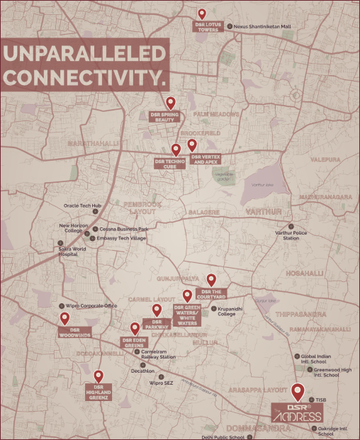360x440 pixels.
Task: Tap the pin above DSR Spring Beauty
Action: [x=170, y=103]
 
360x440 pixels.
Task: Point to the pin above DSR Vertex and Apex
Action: [x=191, y=145]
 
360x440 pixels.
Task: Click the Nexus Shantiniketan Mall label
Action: [x=266, y=27]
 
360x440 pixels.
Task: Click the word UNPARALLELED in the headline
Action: [x=84, y=54]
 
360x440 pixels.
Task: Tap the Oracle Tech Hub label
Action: [x=83, y=205]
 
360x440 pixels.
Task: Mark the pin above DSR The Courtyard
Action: [x=210, y=279]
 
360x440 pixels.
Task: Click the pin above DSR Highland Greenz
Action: [x=99, y=376]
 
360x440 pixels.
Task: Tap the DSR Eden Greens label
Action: [x=134, y=342]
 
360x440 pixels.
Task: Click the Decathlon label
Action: [x=142, y=371]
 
